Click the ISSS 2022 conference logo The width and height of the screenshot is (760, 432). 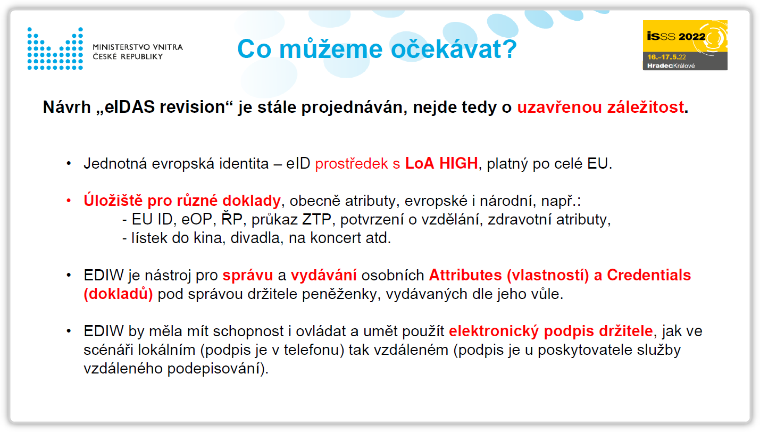[684, 45]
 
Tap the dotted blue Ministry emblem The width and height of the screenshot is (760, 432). [55, 48]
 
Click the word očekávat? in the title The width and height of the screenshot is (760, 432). [454, 49]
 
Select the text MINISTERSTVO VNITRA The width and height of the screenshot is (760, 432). [138, 47]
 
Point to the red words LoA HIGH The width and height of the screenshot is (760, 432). [441, 163]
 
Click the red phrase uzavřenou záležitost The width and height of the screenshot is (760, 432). [600, 107]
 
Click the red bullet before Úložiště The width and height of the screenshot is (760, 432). [69, 201]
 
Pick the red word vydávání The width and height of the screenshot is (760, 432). [324, 275]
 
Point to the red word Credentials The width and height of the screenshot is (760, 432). [649, 275]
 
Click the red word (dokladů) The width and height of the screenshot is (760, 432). [119, 294]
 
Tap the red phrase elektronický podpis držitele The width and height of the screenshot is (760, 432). [550, 331]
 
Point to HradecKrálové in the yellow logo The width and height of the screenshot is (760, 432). [671, 66]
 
